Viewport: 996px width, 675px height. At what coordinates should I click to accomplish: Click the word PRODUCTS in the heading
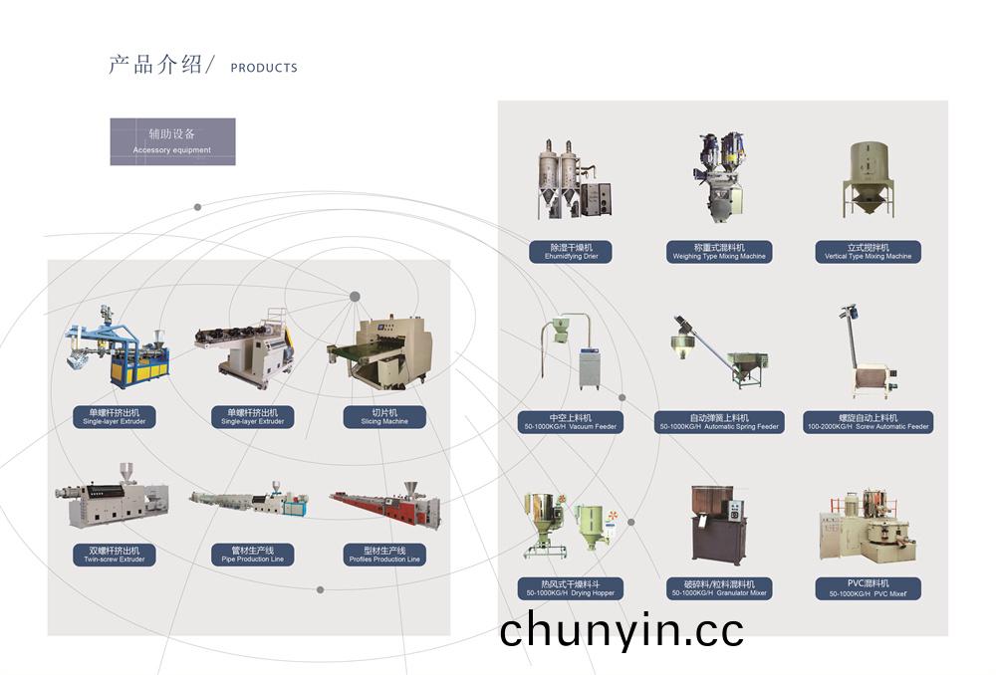[x=263, y=68]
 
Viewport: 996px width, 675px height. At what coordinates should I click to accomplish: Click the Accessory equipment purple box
[x=172, y=141]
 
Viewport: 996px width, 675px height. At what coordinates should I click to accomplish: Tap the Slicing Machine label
[x=383, y=416]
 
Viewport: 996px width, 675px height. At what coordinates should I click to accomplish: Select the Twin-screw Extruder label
[x=114, y=555]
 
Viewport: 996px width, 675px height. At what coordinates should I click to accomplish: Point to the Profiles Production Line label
[x=383, y=555]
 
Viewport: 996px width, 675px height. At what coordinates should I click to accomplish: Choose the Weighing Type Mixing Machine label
[x=719, y=251]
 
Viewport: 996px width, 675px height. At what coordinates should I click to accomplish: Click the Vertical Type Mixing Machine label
[x=868, y=251]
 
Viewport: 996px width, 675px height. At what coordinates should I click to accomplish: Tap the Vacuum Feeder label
[x=571, y=422]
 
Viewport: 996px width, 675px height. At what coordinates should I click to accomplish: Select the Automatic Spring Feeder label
[x=719, y=422]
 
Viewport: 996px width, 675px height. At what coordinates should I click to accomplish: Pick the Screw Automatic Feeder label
[x=868, y=422]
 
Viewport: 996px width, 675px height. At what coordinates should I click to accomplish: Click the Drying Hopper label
[x=571, y=588]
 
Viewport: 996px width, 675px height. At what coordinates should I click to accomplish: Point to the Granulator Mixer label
[x=719, y=588]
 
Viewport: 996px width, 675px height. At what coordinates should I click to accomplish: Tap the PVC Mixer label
[x=868, y=588]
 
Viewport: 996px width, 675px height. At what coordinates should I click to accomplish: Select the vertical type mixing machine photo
[x=868, y=179]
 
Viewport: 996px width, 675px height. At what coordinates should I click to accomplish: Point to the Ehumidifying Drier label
[x=571, y=251]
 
